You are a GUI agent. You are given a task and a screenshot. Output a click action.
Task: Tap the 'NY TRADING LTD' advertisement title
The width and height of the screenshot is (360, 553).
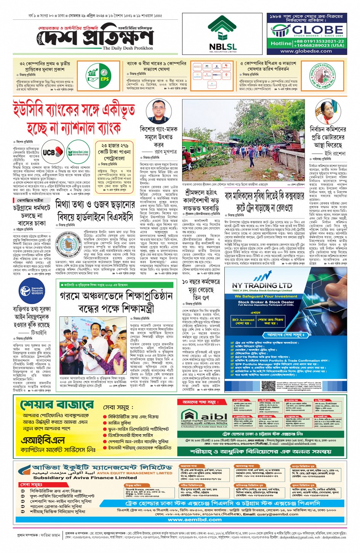tap(262, 285)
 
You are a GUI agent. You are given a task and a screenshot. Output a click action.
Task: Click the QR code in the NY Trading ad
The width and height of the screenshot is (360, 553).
tap(269, 385)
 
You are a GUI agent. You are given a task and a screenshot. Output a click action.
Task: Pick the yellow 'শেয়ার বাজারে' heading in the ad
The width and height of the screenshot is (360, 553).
tap(57, 404)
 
